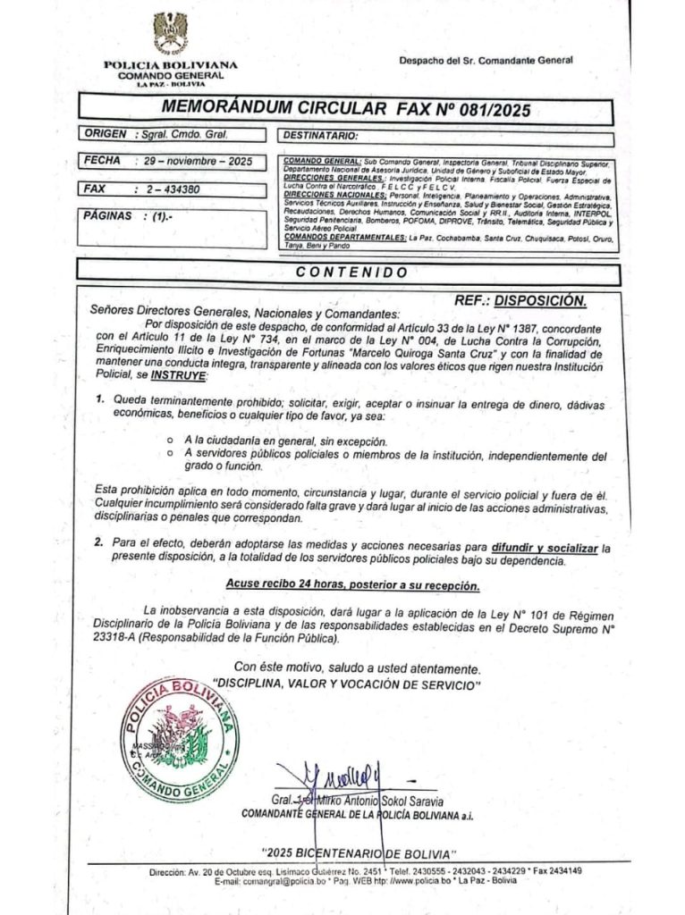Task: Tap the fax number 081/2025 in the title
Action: pos(485,110)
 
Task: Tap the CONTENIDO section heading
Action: pos(351,272)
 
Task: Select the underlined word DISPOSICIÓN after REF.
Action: pos(540,300)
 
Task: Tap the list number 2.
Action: pos(99,543)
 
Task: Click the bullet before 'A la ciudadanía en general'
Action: pos(171,442)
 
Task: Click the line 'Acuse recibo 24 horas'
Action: pos(352,586)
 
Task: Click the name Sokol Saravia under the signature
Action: pos(412,801)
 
